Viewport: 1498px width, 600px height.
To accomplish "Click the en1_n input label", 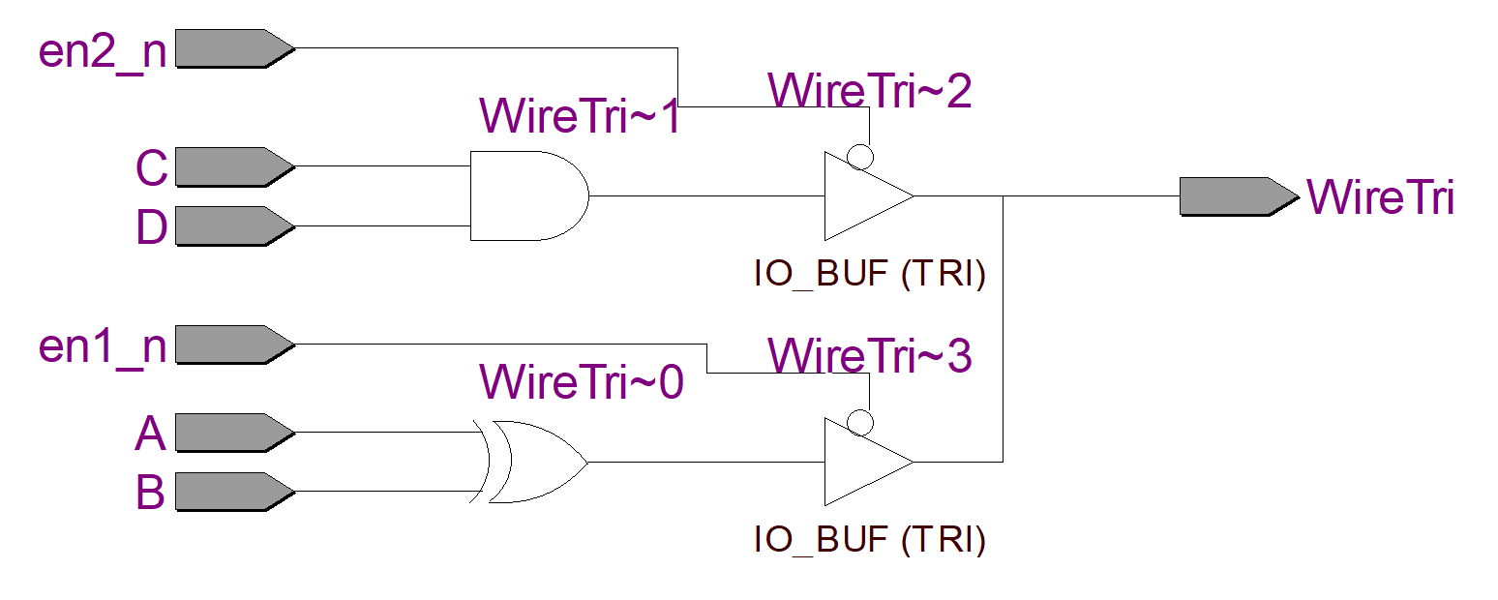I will pyautogui.click(x=102, y=345).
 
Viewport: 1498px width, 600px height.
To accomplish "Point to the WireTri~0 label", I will pyautogui.click(x=581, y=382).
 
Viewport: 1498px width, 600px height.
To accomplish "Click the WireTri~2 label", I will pyautogui.click(x=869, y=91).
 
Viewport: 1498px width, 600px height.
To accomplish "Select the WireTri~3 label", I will pyautogui.click(x=869, y=355).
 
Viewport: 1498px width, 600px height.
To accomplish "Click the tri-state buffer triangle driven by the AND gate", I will pyautogui.click(x=861, y=195).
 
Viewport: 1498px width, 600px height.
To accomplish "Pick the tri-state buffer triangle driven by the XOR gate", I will pyautogui.click(x=861, y=462).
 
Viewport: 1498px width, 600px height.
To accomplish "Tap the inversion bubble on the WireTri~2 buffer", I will pyautogui.click(x=860, y=157).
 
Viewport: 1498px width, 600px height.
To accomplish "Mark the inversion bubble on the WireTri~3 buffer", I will pyautogui.click(x=860, y=423).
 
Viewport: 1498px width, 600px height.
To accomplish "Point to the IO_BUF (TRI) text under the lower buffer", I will pyautogui.click(x=869, y=539).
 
